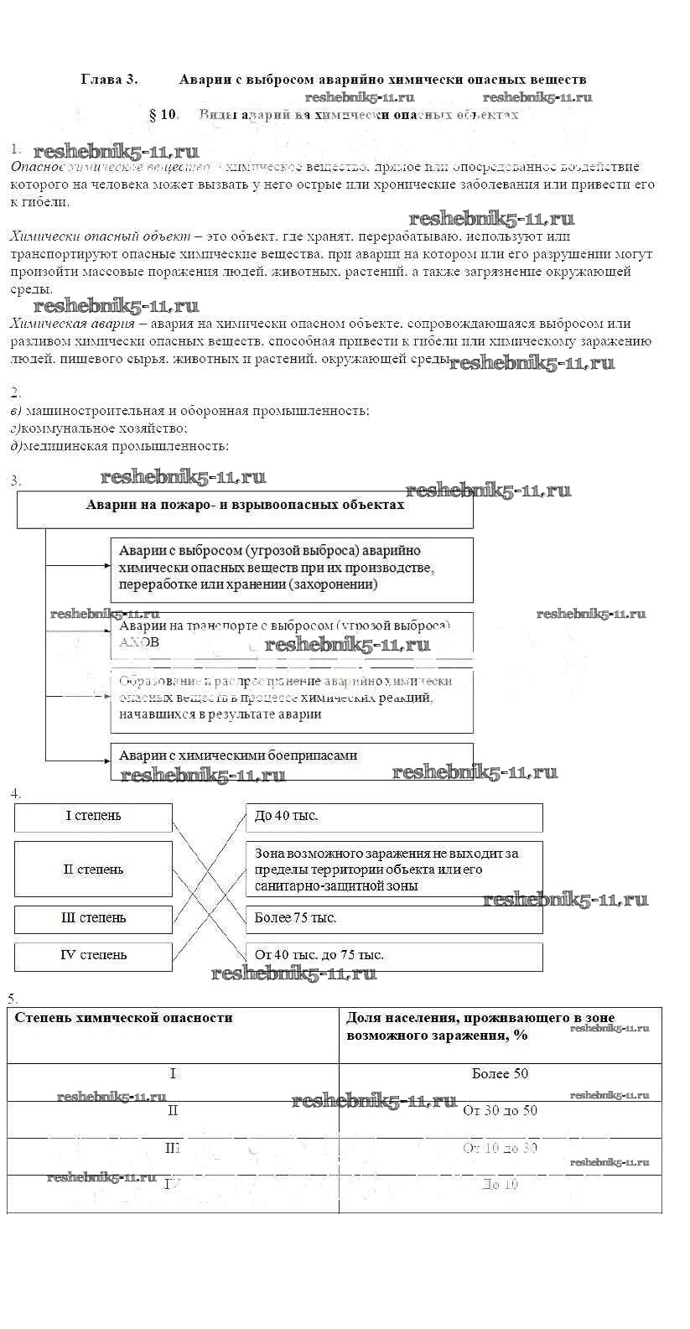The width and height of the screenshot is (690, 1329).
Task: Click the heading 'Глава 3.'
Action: click(109, 80)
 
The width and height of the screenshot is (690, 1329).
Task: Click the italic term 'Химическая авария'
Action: click(73, 324)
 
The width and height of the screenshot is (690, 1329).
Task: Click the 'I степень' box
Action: click(93, 817)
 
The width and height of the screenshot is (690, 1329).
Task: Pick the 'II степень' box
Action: click(93, 870)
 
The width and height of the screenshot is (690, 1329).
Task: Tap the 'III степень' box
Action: click(93, 919)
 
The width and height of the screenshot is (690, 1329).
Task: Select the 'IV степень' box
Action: click(93, 956)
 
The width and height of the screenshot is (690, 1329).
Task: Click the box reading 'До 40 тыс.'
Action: click(394, 817)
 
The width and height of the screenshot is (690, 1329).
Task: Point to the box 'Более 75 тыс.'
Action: click(394, 919)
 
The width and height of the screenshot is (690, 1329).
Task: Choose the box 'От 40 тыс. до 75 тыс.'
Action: click(394, 956)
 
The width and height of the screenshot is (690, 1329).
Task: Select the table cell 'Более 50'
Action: click(501, 1074)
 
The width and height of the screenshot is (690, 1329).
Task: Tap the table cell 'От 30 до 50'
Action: click(501, 1111)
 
